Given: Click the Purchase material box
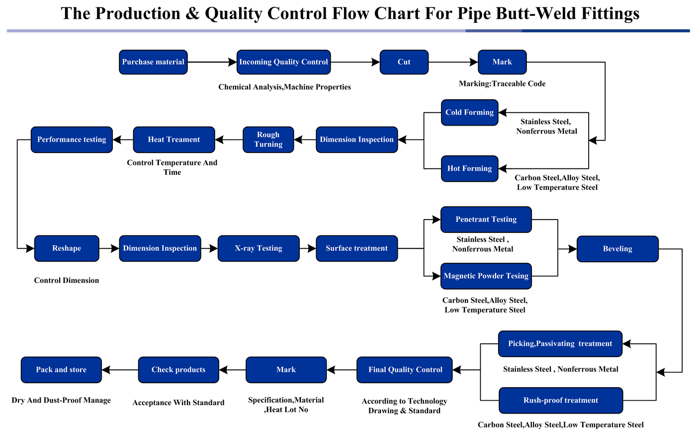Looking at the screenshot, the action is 153,62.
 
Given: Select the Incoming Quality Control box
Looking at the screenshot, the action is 283,62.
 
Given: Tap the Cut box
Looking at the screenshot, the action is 404,62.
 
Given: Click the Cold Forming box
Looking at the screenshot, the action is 469,112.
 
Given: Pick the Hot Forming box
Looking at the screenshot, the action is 469,168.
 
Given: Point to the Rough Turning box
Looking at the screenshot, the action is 268,140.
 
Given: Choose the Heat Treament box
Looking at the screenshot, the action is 174,140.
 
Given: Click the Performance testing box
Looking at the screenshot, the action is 72,140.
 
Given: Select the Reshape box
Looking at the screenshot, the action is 67,248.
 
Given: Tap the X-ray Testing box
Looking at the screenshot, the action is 259,248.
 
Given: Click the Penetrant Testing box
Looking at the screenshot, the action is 486,219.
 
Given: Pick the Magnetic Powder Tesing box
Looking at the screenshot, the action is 486,276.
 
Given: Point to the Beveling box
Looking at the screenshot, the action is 617,249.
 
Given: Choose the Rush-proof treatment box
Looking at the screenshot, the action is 561,400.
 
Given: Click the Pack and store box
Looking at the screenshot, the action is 61,370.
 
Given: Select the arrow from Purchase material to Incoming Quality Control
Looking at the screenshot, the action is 212,62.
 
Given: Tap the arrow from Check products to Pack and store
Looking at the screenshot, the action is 120,370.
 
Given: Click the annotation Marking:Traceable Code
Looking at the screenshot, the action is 502,84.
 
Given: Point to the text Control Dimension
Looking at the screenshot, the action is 67,281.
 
